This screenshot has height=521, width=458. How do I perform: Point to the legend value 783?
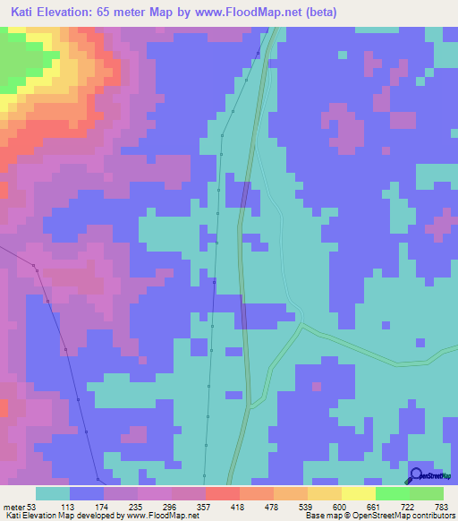(445, 507)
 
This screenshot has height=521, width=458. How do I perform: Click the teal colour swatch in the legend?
(53, 493)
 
